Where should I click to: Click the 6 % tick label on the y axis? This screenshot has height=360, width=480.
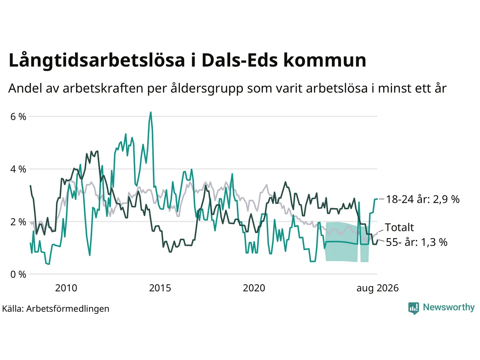click(18, 117)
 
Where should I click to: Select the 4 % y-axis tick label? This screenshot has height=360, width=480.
click(18, 169)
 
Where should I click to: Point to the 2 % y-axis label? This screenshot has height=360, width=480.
click(18, 222)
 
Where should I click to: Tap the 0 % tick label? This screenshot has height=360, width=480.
click(18, 274)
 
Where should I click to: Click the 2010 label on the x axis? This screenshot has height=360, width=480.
click(66, 288)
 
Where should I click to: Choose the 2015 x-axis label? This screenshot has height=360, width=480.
click(160, 288)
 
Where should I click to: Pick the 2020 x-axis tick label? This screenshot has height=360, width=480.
click(254, 288)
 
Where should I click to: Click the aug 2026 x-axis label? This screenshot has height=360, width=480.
click(378, 288)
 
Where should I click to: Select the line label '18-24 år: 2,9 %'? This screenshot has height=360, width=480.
click(423, 199)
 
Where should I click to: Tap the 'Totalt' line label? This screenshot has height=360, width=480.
click(399, 227)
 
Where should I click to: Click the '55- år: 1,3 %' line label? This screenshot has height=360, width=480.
click(417, 242)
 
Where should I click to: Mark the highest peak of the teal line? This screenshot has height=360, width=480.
click(151, 112)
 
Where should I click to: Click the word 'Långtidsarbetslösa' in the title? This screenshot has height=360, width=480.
click(97, 60)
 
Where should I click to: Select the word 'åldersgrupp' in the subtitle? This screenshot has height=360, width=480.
click(207, 89)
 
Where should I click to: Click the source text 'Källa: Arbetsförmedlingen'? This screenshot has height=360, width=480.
click(56, 309)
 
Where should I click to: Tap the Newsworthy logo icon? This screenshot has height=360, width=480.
click(414, 308)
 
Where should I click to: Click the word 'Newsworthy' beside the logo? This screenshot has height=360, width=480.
click(449, 307)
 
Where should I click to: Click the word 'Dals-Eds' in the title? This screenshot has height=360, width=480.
click(240, 60)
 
